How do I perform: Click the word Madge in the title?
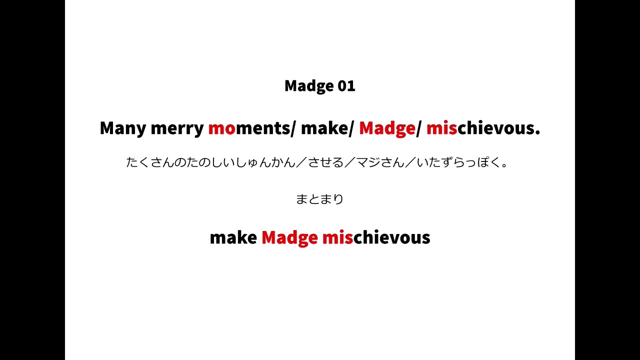[x=308, y=86]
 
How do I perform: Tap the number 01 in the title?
[x=346, y=86]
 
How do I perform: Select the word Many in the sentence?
[x=122, y=128]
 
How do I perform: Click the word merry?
[x=177, y=128]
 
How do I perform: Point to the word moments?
[x=248, y=128]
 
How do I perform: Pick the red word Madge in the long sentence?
[x=387, y=128]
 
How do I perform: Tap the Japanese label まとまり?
[x=320, y=199]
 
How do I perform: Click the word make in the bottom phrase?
[x=233, y=237]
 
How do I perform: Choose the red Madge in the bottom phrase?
[x=289, y=237]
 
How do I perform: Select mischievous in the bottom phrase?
[x=376, y=237]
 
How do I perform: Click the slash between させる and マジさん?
[x=350, y=162]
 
